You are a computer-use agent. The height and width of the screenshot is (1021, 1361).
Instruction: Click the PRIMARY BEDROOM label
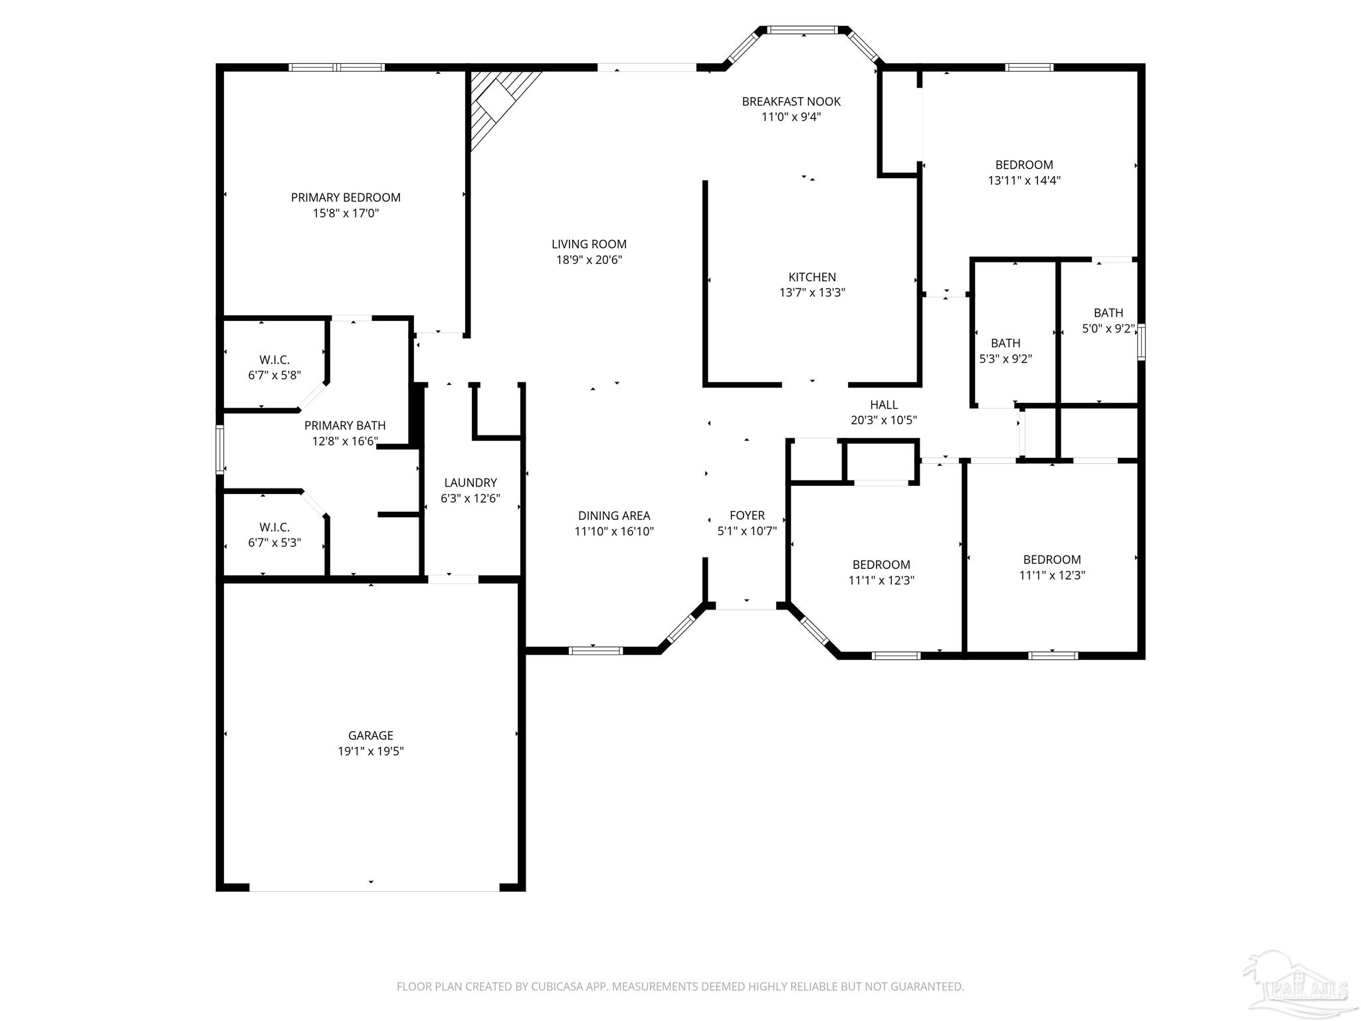[346, 197]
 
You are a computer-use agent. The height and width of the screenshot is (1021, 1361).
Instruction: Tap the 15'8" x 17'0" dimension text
[346, 213]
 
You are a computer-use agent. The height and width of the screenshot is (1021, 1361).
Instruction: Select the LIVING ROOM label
[589, 244]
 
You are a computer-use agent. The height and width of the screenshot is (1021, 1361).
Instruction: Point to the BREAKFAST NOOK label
[791, 101]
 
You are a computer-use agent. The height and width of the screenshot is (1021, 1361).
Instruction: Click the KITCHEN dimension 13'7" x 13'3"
[812, 292]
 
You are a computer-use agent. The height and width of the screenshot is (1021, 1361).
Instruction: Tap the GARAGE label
[371, 735]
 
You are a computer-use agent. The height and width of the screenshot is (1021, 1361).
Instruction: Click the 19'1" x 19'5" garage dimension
[371, 751]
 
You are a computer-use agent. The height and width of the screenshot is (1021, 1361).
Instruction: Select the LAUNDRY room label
[471, 483]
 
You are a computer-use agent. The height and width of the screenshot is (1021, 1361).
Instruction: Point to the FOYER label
[747, 515]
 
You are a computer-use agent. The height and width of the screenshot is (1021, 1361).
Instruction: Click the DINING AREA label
[614, 515]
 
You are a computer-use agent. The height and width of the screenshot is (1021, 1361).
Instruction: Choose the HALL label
[884, 404]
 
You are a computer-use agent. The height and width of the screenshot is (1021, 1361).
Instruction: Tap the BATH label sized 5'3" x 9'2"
[1005, 343]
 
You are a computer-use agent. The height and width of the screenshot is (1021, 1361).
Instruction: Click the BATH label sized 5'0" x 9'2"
[1108, 312]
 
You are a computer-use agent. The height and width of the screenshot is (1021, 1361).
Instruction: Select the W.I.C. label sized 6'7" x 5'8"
[274, 360]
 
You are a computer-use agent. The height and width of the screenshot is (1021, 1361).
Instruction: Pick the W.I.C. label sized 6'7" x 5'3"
[274, 527]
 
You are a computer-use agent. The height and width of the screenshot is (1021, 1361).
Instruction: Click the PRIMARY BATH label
[345, 425]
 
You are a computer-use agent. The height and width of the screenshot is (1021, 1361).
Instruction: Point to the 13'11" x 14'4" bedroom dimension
[1024, 180]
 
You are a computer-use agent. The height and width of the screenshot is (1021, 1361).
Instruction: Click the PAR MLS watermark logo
[1296, 984]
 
